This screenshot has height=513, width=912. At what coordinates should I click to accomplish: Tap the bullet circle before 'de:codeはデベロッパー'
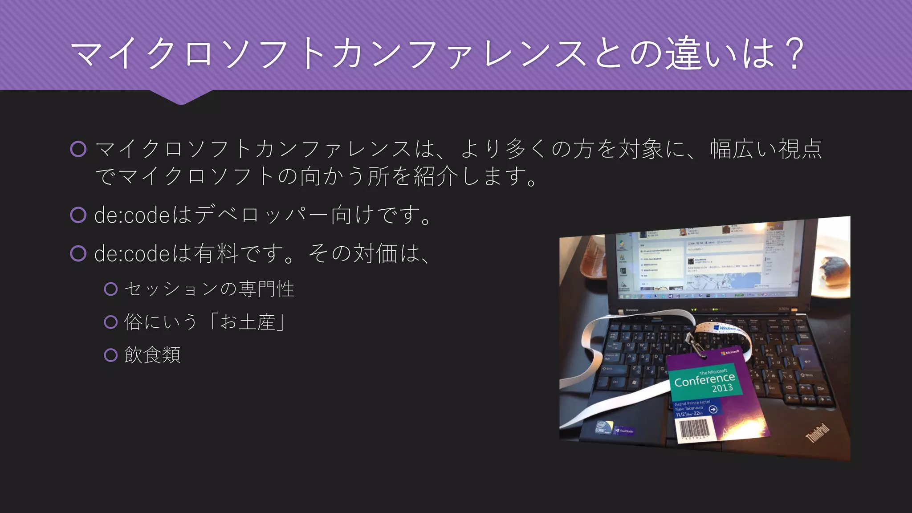(x=78, y=215)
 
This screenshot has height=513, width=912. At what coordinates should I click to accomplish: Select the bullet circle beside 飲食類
(x=110, y=355)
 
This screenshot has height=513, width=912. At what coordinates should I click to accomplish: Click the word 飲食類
(x=152, y=355)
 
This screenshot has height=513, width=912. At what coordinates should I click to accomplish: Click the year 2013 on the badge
(x=722, y=388)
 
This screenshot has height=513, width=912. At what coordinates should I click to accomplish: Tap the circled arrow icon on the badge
(x=713, y=409)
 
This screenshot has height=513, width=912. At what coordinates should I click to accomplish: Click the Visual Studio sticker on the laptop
(x=624, y=431)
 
